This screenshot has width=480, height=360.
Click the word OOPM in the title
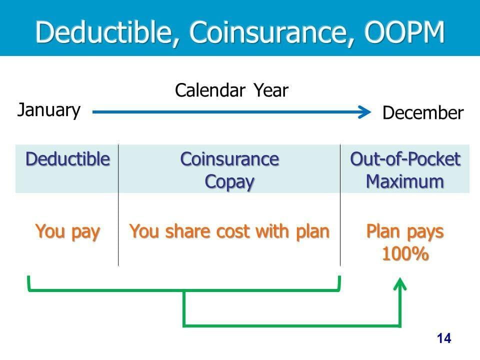404,31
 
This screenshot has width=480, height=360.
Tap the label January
49,110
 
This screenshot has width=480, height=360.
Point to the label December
423,112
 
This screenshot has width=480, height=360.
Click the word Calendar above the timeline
210,90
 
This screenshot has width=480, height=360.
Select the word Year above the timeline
271,90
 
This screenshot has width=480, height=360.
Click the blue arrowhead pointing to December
365,112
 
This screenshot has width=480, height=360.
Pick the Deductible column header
67,159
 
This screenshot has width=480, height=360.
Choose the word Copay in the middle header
229,182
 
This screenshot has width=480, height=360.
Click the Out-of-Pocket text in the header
405,159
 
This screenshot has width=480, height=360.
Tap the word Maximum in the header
405,181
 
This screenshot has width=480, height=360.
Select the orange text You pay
67,231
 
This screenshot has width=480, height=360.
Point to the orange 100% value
405,253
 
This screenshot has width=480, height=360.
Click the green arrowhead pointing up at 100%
400,283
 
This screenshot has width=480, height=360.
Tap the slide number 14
444,338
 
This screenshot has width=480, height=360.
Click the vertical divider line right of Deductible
118,205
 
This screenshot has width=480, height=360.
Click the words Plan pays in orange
405,231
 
